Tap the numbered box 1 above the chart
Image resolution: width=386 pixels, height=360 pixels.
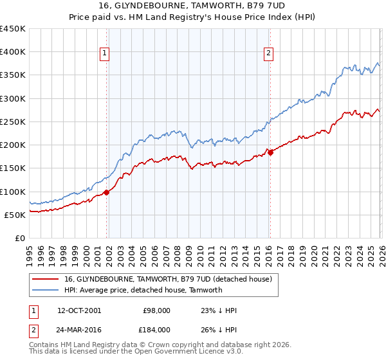[x=104, y=54]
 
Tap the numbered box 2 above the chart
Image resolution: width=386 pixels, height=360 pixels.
[x=268, y=54]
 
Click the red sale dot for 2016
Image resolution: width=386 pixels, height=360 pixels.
[x=270, y=152]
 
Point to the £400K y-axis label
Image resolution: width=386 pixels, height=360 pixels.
[x=12, y=52]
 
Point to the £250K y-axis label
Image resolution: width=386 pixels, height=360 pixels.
[x=12, y=122]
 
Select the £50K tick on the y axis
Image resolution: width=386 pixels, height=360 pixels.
[x=15, y=215]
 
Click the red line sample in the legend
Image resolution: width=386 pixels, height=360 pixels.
[x=45, y=279]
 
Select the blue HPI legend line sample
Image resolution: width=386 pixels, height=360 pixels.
[x=45, y=290]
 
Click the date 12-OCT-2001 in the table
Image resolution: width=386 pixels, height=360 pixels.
[x=78, y=310]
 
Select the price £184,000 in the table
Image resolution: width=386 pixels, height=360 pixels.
[x=157, y=329]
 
